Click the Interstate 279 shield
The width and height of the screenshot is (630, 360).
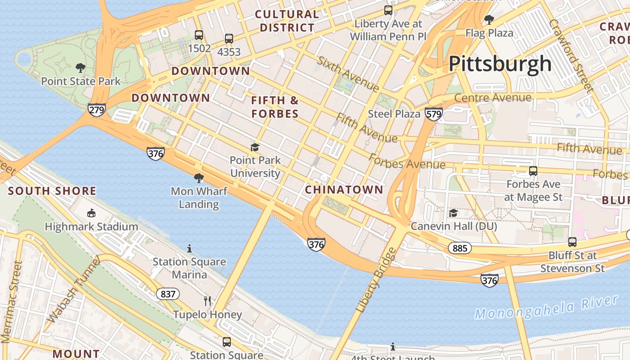pyautogui.click(x=97, y=109)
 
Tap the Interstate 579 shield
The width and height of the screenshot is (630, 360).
pyautogui.click(x=433, y=114)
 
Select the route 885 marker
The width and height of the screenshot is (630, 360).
pyautogui.click(x=459, y=248)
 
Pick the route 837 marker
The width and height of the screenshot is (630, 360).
pyautogui.click(x=168, y=294)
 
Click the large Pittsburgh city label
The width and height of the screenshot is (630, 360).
pyautogui.click(x=500, y=64)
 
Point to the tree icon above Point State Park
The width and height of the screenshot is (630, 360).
pyautogui.click(x=81, y=68)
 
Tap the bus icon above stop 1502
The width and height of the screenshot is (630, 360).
pyautogui.click(x=198, y=35)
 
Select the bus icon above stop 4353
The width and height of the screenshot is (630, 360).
pyautogui.click(x=229, y=39)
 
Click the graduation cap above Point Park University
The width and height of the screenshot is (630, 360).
pyautogui.click(x=255, y=147)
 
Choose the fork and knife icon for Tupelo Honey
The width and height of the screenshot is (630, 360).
pyautogui.click(x=207, y=301)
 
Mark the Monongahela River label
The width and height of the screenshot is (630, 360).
pyautogui.click(x=546, y=307)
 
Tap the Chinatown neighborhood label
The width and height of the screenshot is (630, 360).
pyautogui.click(x=344, y=189)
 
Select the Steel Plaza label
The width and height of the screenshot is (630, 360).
pyautogui.click(x=394, y=114)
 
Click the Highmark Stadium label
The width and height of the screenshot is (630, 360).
pyautogui.click(x=91, y=226)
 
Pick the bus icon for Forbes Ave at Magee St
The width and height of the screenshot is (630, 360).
pyautogui.click(x=533, y=171)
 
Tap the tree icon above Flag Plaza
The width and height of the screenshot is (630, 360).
pyautogui.click(x=489, y=20)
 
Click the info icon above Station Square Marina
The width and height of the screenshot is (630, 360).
pyautogui.click(x=189, y=248)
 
